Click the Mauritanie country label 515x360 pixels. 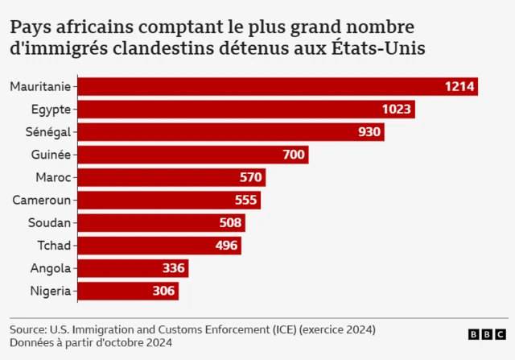click(x=40, y=87)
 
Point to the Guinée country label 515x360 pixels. click(x=51, y=155)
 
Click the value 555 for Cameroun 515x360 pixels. click(x=245, y=201)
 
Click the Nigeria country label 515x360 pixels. click(x=51, y=291)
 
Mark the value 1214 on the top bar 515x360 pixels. click(x=460, y=87)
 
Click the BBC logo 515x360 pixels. click(x=487, y=334)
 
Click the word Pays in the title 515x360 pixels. click(x=30, y=27)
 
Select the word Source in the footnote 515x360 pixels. click(x=29, y=330)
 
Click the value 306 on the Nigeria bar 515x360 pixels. click(x=163, y=291)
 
